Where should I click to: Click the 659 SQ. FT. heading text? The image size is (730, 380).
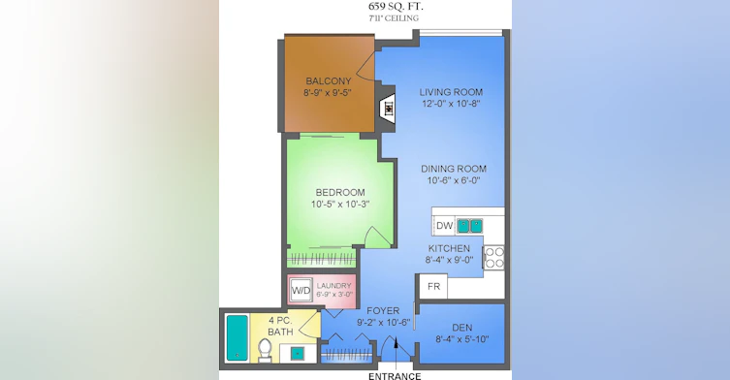point(396,7)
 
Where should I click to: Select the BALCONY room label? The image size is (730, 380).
point(329,81)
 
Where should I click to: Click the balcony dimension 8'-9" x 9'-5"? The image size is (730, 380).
point(328,93)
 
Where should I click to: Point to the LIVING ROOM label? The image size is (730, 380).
point(451,92)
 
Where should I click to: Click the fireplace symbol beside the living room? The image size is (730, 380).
point(389,109)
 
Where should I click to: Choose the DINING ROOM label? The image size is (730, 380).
point(454,169)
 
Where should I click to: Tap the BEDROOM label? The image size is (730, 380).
point(340,192)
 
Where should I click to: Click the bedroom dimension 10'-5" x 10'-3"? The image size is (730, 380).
point(340,204)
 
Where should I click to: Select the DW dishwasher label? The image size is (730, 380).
point(445,226)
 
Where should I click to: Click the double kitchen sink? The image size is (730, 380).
point(469,226)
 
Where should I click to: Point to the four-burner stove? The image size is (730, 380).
point(494,258)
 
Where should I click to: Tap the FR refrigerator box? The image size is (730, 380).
point(433,286)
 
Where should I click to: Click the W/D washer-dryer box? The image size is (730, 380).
point(302,291)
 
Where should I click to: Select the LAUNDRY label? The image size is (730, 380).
point(333,286)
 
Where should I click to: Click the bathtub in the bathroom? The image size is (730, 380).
point(238,337)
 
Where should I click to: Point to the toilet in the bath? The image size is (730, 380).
point(265,350)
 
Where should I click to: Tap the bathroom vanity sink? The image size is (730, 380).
point(297,354)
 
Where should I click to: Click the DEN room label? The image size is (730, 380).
point(461,328)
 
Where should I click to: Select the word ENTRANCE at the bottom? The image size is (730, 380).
point(395,376)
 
